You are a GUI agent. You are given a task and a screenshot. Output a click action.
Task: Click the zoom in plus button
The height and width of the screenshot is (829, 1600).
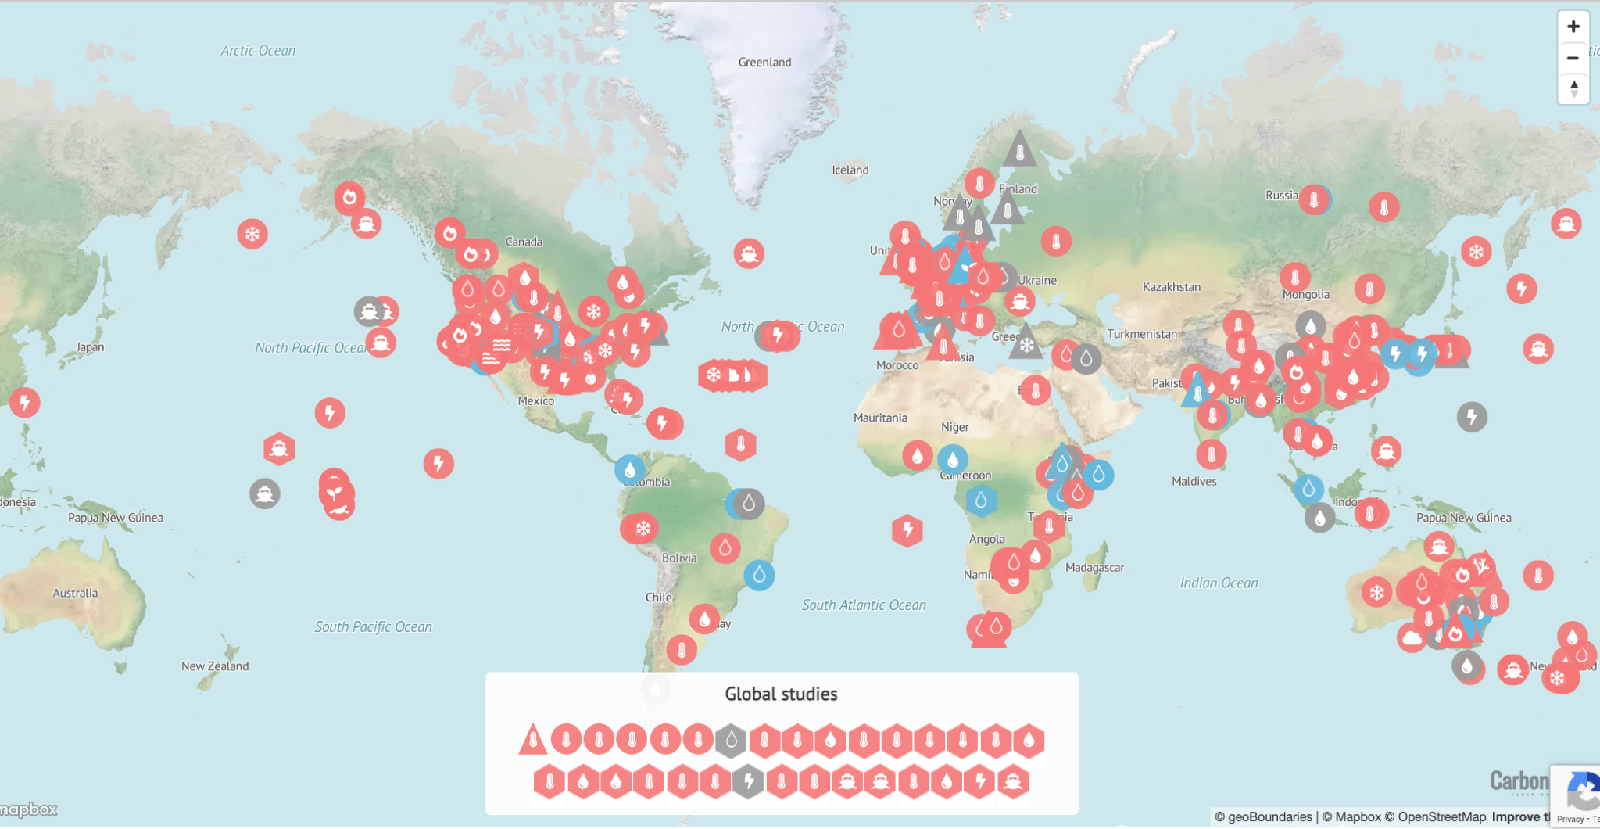[1573, 27]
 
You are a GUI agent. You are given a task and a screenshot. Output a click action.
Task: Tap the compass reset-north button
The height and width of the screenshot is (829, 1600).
[1573, 88]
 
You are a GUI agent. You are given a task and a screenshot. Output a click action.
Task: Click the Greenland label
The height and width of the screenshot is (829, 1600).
[764, 63]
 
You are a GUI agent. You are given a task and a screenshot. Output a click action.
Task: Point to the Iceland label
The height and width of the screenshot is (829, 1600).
[850, 170]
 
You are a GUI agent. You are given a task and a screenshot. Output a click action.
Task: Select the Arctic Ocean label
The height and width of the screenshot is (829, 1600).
[258, 51]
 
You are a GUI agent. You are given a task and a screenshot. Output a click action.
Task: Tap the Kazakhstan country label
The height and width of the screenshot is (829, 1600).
[1171, 287]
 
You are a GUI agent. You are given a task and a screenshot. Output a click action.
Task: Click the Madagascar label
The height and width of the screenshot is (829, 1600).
[1094, 568]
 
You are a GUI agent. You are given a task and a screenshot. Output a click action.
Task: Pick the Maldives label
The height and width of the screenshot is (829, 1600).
[1194, 482]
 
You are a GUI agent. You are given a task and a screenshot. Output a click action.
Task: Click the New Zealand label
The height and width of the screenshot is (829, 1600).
[215, 666]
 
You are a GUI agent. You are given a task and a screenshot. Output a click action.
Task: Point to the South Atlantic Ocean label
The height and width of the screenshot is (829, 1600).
[864, 605]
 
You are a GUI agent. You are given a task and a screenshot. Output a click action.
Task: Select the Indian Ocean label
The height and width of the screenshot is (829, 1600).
[1219, 583]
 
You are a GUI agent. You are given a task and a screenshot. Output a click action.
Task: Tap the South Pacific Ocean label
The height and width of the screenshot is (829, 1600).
[373, 627]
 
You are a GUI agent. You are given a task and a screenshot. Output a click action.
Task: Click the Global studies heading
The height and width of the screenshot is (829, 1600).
[781, 694]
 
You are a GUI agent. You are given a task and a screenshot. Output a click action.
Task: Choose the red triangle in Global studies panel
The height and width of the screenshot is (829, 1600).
[532, 739]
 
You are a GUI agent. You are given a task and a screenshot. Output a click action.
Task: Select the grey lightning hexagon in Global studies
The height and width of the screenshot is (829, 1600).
[748, 781]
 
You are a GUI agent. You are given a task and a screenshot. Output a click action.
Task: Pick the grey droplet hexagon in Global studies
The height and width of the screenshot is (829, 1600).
[731, 740]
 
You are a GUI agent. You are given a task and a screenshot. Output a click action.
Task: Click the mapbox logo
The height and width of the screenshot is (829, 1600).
[29, 809]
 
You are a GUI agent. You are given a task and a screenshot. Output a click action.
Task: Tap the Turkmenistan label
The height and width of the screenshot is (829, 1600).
[1141, 335]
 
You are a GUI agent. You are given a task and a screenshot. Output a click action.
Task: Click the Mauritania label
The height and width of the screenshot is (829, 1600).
[880, 418]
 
